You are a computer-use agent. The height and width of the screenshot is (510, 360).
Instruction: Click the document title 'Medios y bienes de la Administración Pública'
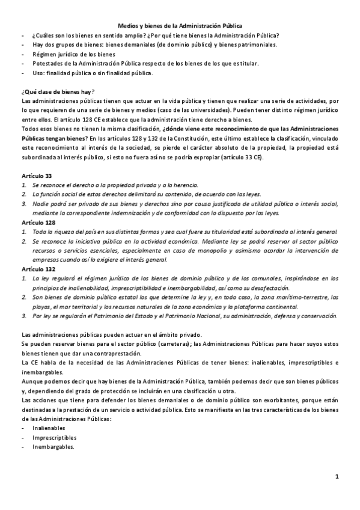pyautogui.click(x=180, y=26)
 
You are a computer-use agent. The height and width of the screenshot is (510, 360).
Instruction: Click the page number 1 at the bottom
pyautogui.click(x=338, y=478)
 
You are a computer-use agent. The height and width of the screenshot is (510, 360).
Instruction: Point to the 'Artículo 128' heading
pyautogui.click(x=38, y=222)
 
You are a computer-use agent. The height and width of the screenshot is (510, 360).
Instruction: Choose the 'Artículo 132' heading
pyautogui.click(x=38, y=269)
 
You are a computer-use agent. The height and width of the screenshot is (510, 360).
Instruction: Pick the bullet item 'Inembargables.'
pyautogui.click(x=53, y=447)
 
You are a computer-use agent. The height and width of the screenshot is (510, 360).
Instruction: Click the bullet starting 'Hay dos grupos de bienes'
pyautogui.click(x=154, y=45)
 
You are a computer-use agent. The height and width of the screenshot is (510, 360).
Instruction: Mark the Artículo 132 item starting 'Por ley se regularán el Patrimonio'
pyautogui.click(x=185, y=316)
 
